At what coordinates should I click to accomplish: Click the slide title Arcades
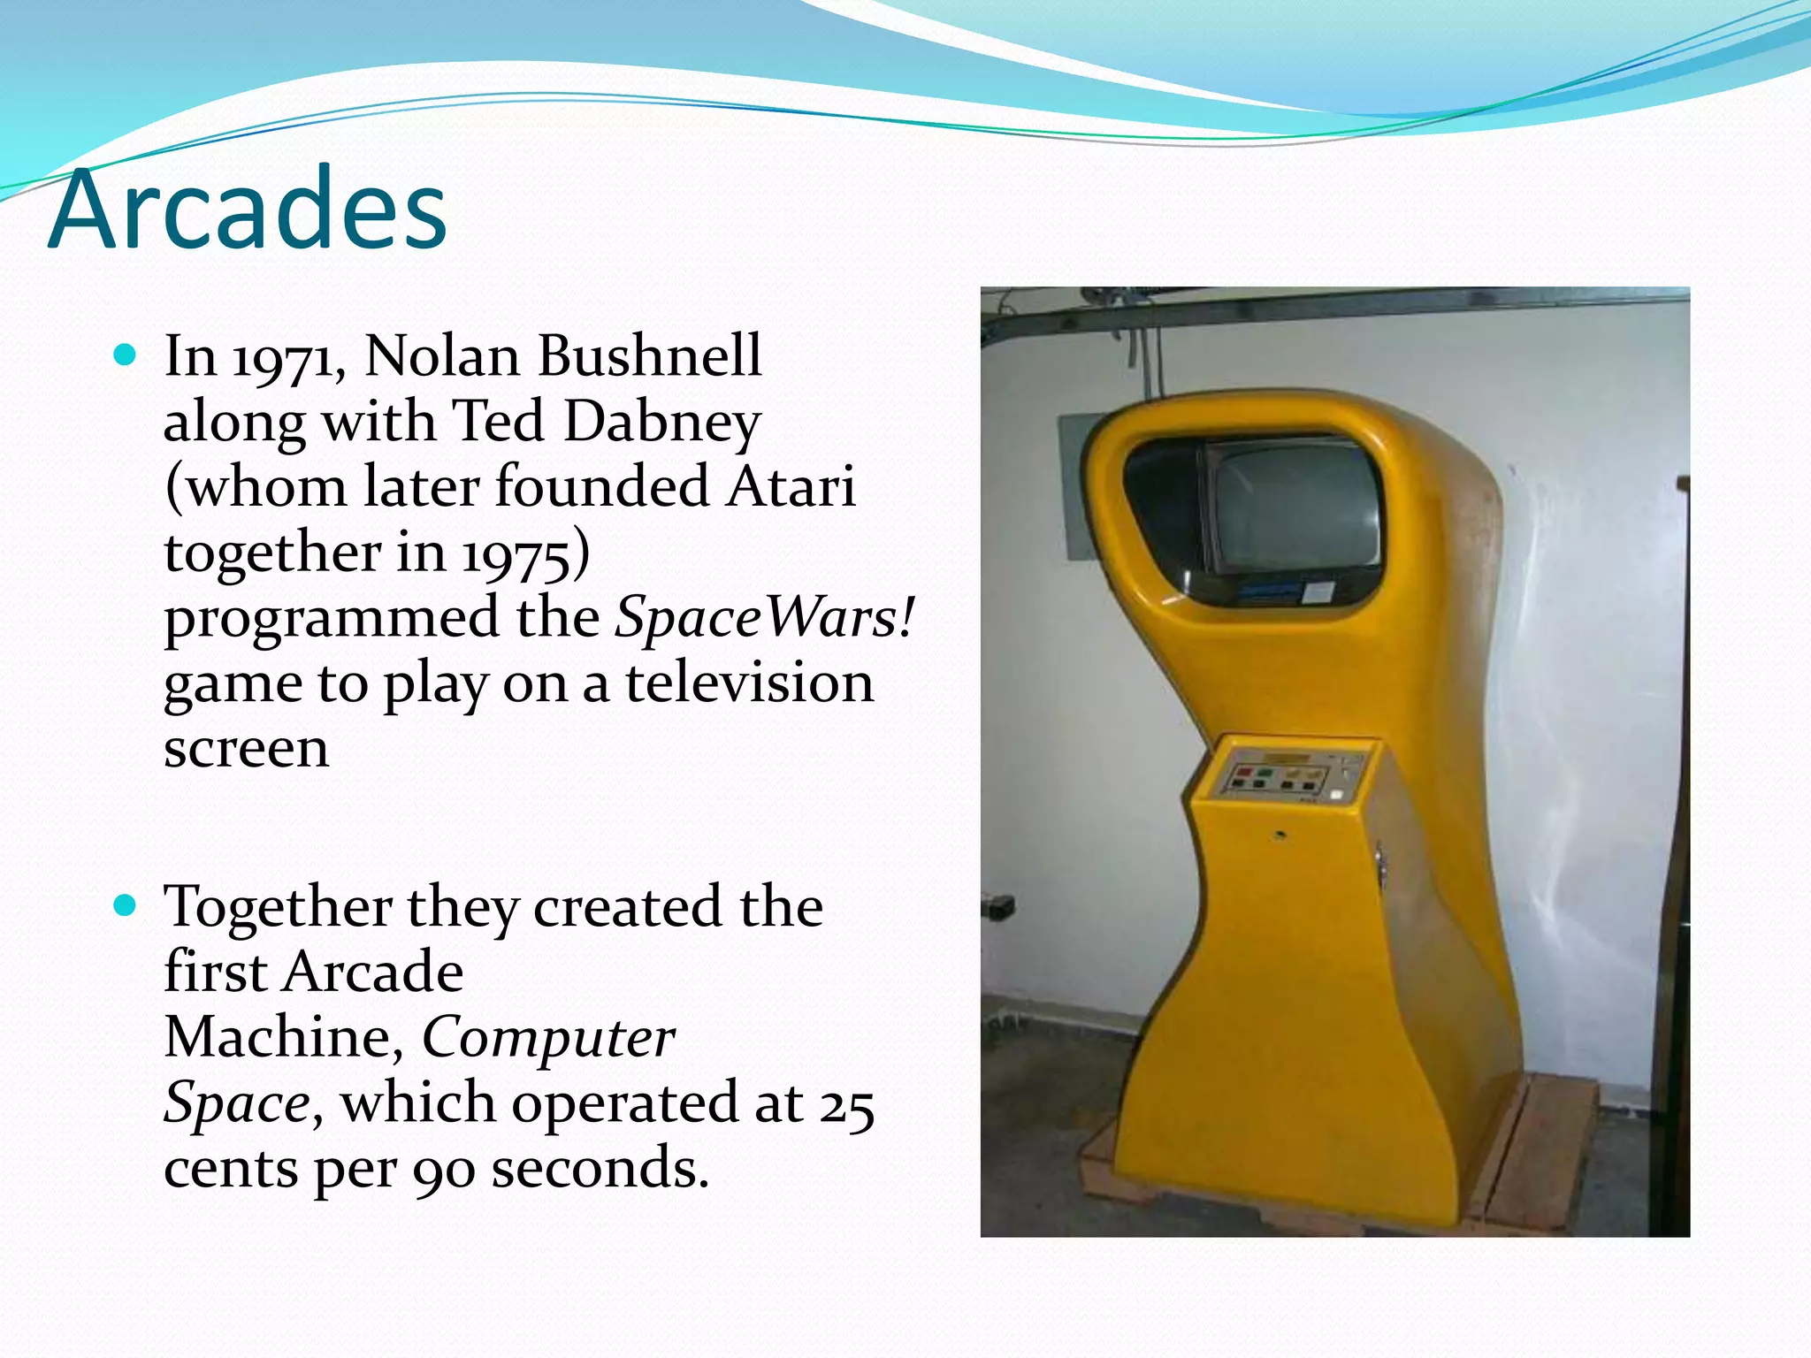(248, 210)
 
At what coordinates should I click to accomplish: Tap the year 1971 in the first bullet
(287, 358)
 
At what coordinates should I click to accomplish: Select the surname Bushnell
(651, 356)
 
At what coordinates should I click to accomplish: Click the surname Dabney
(661, 422)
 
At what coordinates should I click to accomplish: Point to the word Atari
(791, 487)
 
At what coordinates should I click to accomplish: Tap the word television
(750, 683)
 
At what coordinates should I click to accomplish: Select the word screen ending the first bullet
(246, 749)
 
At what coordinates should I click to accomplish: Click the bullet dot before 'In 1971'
(126, 355)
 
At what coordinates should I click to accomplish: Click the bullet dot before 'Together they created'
(126, 905)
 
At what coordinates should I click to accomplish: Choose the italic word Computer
(548, 1037)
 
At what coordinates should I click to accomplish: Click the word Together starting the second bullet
(279, 907)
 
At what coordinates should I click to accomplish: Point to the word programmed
(332, 619)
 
